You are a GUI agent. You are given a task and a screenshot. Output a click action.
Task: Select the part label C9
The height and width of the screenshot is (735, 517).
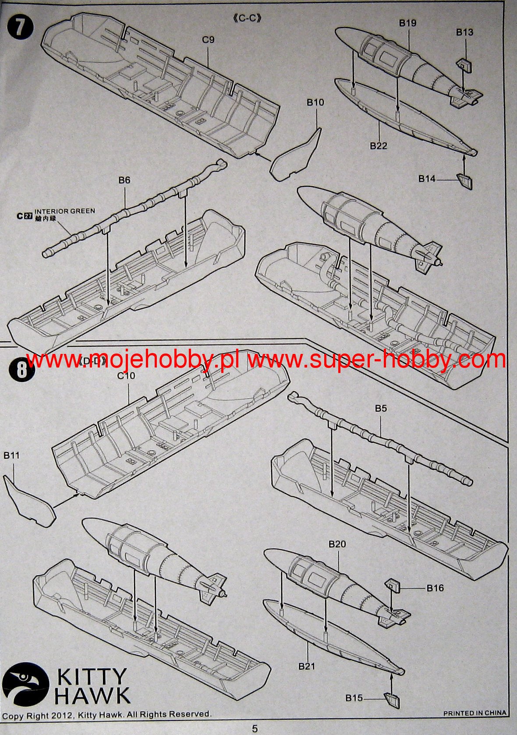coord(209,40)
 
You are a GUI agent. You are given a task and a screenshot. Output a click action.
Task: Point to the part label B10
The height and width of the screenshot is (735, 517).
coord(315,102)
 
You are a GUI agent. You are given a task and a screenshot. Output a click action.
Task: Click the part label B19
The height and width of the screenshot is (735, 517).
coord(408,23)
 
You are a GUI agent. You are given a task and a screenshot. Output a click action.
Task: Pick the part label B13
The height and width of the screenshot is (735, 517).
coord(465,32)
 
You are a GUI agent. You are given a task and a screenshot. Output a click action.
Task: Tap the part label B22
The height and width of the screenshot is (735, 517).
coord(379,146)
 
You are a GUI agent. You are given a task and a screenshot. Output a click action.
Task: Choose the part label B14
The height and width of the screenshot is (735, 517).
coord(427,179)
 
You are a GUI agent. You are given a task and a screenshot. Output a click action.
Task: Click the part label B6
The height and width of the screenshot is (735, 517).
coord(124,180)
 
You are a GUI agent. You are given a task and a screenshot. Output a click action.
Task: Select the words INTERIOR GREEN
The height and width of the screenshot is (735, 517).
coord(65,211)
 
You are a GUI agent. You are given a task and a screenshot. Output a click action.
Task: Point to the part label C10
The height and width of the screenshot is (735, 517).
coord(126,375)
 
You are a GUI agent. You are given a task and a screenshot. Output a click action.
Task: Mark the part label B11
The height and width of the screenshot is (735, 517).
coord(11,456)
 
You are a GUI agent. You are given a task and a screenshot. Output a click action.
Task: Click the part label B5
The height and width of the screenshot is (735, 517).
coord(381,408)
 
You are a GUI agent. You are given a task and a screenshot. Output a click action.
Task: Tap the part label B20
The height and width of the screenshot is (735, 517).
coord(337,544)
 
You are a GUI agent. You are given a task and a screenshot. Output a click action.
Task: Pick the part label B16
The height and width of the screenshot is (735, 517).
coord(436,588)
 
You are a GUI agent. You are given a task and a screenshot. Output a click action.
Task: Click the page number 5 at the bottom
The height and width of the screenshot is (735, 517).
coord(255,729)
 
